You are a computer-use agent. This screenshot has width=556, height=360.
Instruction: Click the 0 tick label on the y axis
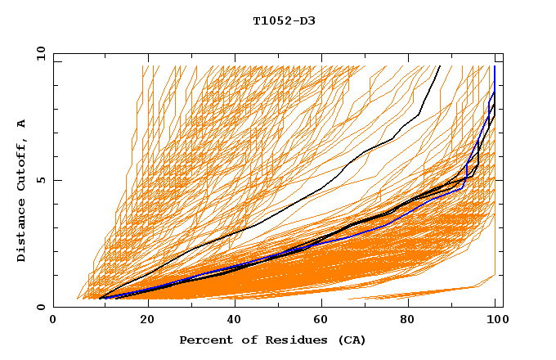[41, 307]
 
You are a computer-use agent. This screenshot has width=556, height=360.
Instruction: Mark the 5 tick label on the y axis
[41, 180]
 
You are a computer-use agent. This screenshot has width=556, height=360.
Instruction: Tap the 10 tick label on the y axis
[38, 54]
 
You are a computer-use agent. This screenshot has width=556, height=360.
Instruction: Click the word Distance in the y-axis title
[22, 232]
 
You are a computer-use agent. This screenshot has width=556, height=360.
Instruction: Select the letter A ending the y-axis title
[22, 123]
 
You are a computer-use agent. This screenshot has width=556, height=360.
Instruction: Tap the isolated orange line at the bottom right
[425, 292]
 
